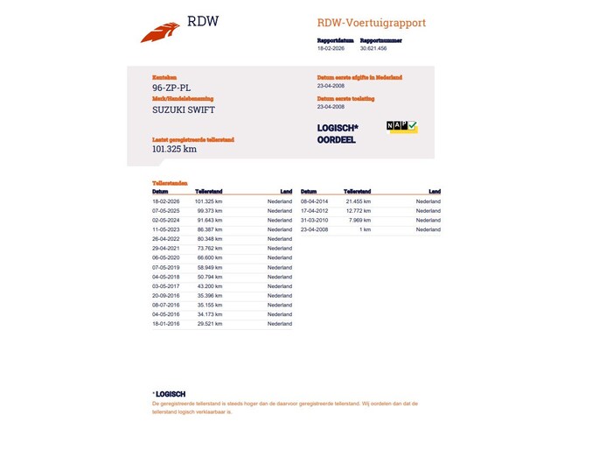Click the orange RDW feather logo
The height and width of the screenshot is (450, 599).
(x=160, y=32)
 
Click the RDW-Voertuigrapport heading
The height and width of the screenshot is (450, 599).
(x=371, y=23)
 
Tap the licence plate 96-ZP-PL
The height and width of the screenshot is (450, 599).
(x=171, y=88)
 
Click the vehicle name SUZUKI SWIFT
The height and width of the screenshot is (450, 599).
(x=183, y=109)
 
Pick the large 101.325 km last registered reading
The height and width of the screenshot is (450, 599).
(x=174, y=149)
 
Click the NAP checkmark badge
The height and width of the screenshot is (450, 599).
(x=402, y=127)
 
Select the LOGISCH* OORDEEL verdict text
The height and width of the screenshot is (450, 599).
(x=338, y=134)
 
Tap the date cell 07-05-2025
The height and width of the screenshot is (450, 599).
(x=165, y=211)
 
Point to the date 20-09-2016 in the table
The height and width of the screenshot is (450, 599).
(x=165, y=295)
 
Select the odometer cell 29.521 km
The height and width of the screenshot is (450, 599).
(x=210, y=324)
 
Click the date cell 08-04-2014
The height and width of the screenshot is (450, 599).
(x=314, y=201)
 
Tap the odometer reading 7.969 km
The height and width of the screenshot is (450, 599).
(x=361, y=221)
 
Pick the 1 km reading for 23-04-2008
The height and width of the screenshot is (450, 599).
(x=366, y=229)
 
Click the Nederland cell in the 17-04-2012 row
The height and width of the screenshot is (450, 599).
(x=428, y=211)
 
